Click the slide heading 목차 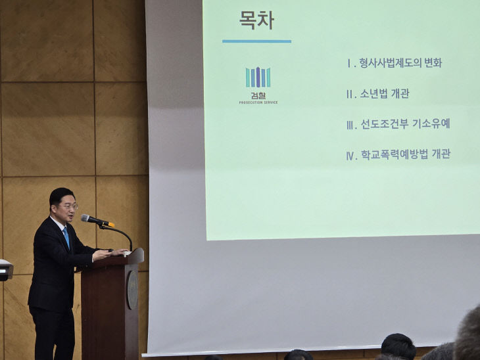pyautogui.click(x=256, y=20)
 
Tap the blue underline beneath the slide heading pyautogui.click(x=256, y=41)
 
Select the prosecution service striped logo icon pyautogui.click(x=258, y=78)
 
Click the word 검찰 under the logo pyautogui.click(x=258, y=95)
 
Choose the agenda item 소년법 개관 pyautogui.click(x=384, y=94)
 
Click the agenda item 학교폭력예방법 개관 pyautogui.click(x=405, y=155)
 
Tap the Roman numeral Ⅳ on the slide pyautogui.click(x=351, y=156)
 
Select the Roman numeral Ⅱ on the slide pyautogui.click(x=351, y=94)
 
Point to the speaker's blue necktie pyautogui.click(x=66, y=237)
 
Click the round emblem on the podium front pyautogui.click(x=132, y=290)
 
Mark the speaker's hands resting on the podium pyautogui.click(x=112, y=254)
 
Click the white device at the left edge pyautogui.click(x=5, y=269)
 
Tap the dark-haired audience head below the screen pyautogui.click(x=398, y=346)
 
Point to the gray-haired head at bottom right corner pyautogui.click(x=468, y=335)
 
